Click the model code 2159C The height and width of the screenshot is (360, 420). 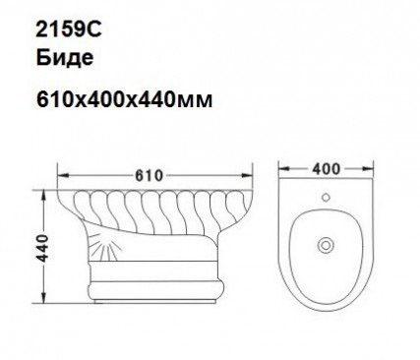point(69,30)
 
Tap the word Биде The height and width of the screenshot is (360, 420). point(65,58)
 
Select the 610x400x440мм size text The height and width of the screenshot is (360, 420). point(125,99)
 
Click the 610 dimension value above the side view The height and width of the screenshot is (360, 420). point(149,176)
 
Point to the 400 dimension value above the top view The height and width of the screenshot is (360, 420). point(327,169)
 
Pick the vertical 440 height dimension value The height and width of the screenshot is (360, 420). point(42,248)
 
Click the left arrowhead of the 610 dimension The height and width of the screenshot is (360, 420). point(63,176)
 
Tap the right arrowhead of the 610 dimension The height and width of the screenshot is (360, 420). point(248,176)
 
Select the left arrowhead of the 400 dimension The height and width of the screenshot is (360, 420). point(283,169)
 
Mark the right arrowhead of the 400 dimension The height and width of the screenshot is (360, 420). point(368,169)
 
